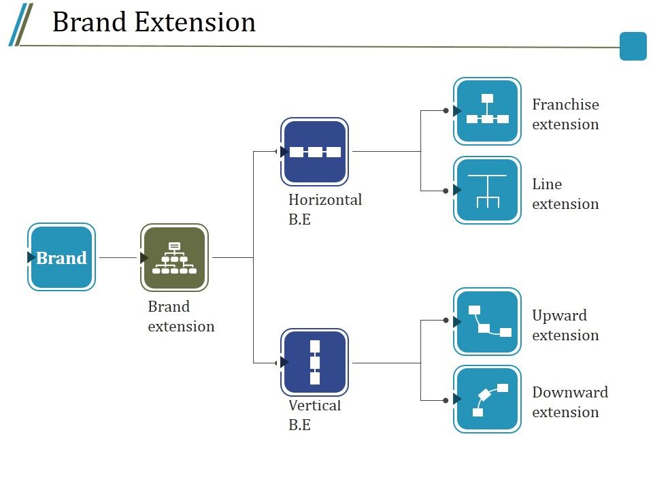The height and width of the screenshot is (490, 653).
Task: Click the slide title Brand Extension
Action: (x=154, y=22)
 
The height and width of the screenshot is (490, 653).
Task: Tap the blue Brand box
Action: (x=62, y=257)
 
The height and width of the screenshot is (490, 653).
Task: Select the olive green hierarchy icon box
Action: (x=174, y=257)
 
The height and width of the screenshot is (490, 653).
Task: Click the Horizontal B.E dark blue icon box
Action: (x=315, y=152)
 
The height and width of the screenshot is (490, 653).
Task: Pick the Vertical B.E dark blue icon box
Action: (x=315, y=362)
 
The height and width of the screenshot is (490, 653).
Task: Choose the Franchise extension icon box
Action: (x=487, y=111)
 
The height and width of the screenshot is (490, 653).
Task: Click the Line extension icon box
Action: (x=487, y=191)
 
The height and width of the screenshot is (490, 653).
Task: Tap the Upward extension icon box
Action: (x=487, y=321)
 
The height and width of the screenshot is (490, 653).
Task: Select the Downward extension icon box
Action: (x=487, y=399)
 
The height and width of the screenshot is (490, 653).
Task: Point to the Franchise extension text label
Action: (x=565, y=114)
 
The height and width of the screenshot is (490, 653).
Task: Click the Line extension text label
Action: (x=565, y=194)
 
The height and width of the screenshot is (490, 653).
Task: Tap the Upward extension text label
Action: (x=565, y=325)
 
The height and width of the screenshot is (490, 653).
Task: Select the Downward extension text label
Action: (x=569, y=402)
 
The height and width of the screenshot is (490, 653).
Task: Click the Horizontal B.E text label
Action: (x=324, y=209)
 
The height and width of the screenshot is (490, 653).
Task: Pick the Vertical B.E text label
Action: (x=314, y=414)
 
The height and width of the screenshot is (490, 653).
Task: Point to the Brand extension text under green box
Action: (x=181, y=316)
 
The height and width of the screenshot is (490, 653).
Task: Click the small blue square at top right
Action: (x=633, y=46)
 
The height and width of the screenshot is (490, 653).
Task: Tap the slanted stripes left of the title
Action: (x=20, y=24)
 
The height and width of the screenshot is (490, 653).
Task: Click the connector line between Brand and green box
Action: (x=118, y=258)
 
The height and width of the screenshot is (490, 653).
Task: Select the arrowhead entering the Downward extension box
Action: (x=456, y=399)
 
